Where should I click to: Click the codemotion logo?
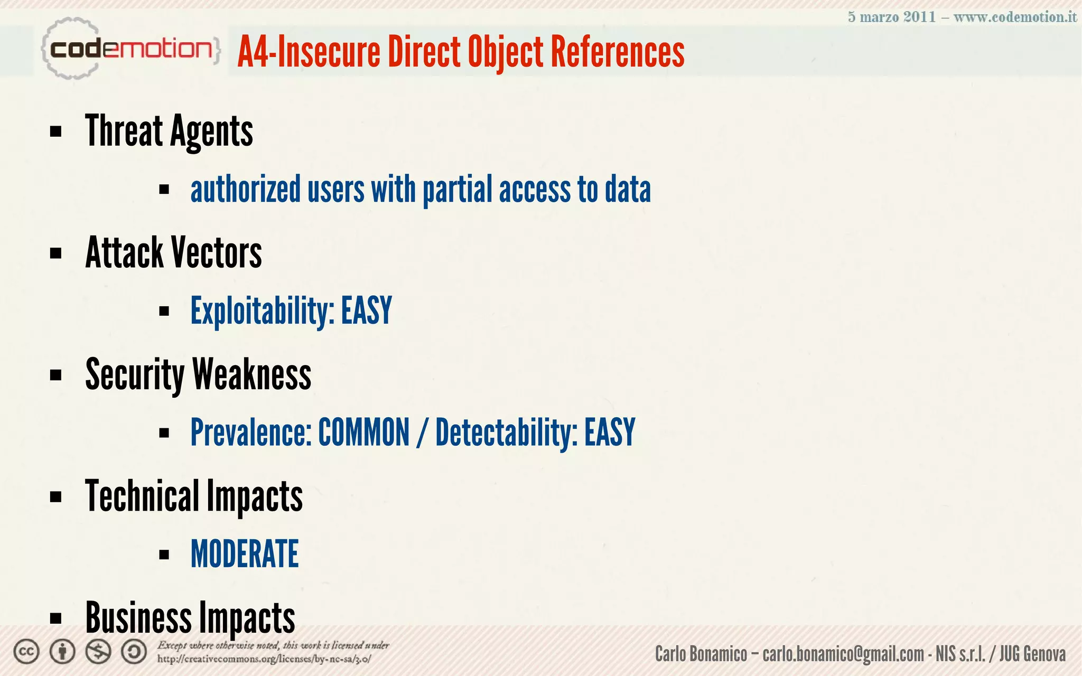(x=130, y=49)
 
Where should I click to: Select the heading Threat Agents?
(x=169, y=131)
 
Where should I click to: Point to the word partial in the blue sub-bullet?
(x=457, y=190)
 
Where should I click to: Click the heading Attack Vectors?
(x=173, y=252)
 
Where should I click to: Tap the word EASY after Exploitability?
(x=366, y=311)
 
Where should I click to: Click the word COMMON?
(x=363, y=433)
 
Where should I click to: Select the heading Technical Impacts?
(x=193, y=496)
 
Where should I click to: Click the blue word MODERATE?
(x=245, y=554)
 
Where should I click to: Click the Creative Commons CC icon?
(x=26, y=652)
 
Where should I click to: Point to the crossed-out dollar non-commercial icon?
(x=98, y=652)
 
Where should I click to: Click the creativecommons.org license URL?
(x=264, y=659)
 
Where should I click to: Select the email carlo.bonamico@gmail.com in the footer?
(x=843, y=654)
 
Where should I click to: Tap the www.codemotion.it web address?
(x=1015, y=17)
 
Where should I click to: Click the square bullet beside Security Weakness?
(x=55, y=375)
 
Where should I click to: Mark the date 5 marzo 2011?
(x=891, y=17)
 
